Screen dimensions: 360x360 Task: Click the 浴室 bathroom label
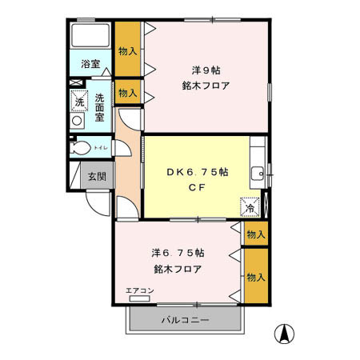(x=90, y=64)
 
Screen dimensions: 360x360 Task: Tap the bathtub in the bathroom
(x=90, y=37)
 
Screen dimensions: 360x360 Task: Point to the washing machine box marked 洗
(x=78, y=100)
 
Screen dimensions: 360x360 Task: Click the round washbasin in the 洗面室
(x=78, y=121)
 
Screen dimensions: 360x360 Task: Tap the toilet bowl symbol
(x=80, y=149)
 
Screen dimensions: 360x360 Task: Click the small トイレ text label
(x=101, y=148)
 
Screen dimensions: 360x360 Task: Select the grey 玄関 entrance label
(x=96, y=176)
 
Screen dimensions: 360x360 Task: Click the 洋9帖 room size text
(x=206, y=70)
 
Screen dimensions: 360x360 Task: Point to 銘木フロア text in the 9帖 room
(x=206, y=86)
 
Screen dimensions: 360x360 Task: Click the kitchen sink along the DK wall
(x=258, y=174)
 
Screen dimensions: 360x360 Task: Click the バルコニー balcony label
(x=185, y=320)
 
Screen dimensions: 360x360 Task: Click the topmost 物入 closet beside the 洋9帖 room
(x=128, y=50)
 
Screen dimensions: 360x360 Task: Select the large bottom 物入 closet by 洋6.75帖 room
(x=255, y=277)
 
